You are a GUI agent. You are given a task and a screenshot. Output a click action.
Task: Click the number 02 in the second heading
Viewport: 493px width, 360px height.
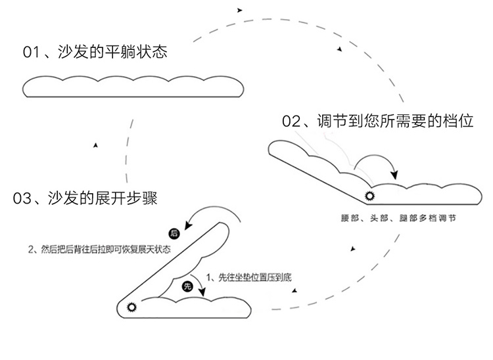(291, 122)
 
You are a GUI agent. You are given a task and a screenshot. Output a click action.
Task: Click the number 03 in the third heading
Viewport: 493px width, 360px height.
(22, 198)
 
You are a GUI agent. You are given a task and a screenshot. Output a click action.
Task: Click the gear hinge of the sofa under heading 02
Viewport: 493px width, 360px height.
(370, 196)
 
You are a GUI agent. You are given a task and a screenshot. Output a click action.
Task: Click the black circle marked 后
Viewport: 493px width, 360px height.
(174, 233)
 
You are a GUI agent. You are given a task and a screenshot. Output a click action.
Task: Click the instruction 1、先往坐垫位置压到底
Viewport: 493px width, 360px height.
(248, 277)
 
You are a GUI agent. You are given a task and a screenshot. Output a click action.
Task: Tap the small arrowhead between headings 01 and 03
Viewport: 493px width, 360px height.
(97, 145)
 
